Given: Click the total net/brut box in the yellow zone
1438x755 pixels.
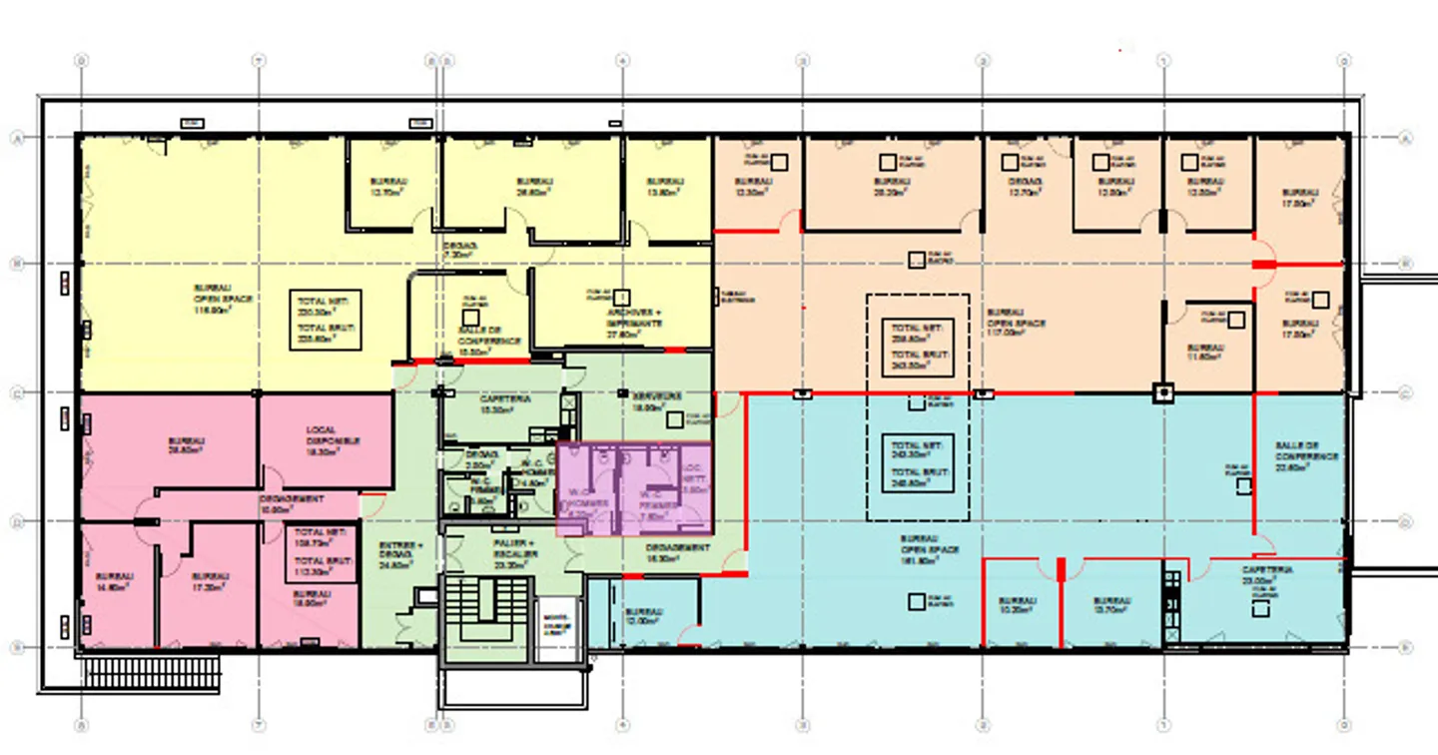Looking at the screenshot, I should (325, 320).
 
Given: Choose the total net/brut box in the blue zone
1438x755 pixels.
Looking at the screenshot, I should (917, 461).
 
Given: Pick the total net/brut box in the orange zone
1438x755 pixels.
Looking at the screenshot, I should (917, 347).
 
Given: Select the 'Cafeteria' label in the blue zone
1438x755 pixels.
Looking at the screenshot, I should (1267, 574).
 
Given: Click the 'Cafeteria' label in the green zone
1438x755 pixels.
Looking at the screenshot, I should (504, 403).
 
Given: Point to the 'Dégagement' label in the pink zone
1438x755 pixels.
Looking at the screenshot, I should (292, 503).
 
